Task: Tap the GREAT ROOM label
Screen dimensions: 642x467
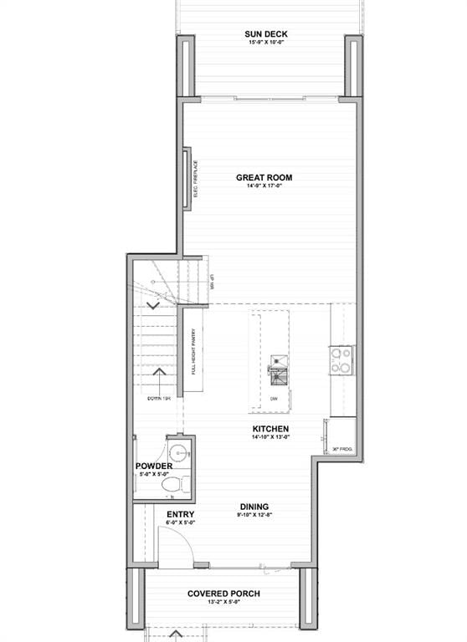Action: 264,177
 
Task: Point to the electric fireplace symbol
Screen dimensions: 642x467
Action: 187,178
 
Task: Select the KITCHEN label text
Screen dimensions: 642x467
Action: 271,430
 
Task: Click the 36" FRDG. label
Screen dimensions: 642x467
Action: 343,450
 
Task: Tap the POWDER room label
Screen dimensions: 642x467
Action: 154,466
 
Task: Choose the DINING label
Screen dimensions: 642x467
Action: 254,507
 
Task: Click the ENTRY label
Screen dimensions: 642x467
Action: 181,514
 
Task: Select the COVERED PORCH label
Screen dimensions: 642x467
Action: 223,594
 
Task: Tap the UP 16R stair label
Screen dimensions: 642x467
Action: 213,283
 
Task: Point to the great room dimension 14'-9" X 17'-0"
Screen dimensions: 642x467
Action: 264,186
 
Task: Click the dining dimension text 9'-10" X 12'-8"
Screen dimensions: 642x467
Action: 254,516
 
